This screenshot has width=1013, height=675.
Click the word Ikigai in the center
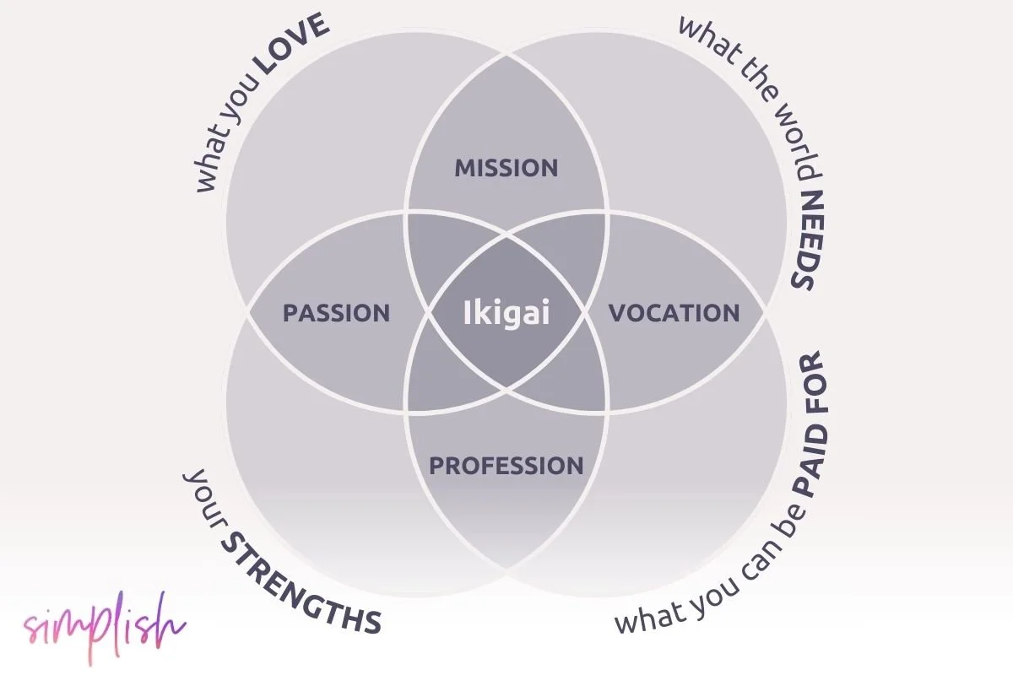coord(506,313)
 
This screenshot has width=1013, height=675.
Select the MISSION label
coord(506,168)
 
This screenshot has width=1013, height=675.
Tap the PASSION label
coord(336,313)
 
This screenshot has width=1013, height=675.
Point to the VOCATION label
coord(674,313)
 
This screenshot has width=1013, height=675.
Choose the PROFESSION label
coord(506,465)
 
